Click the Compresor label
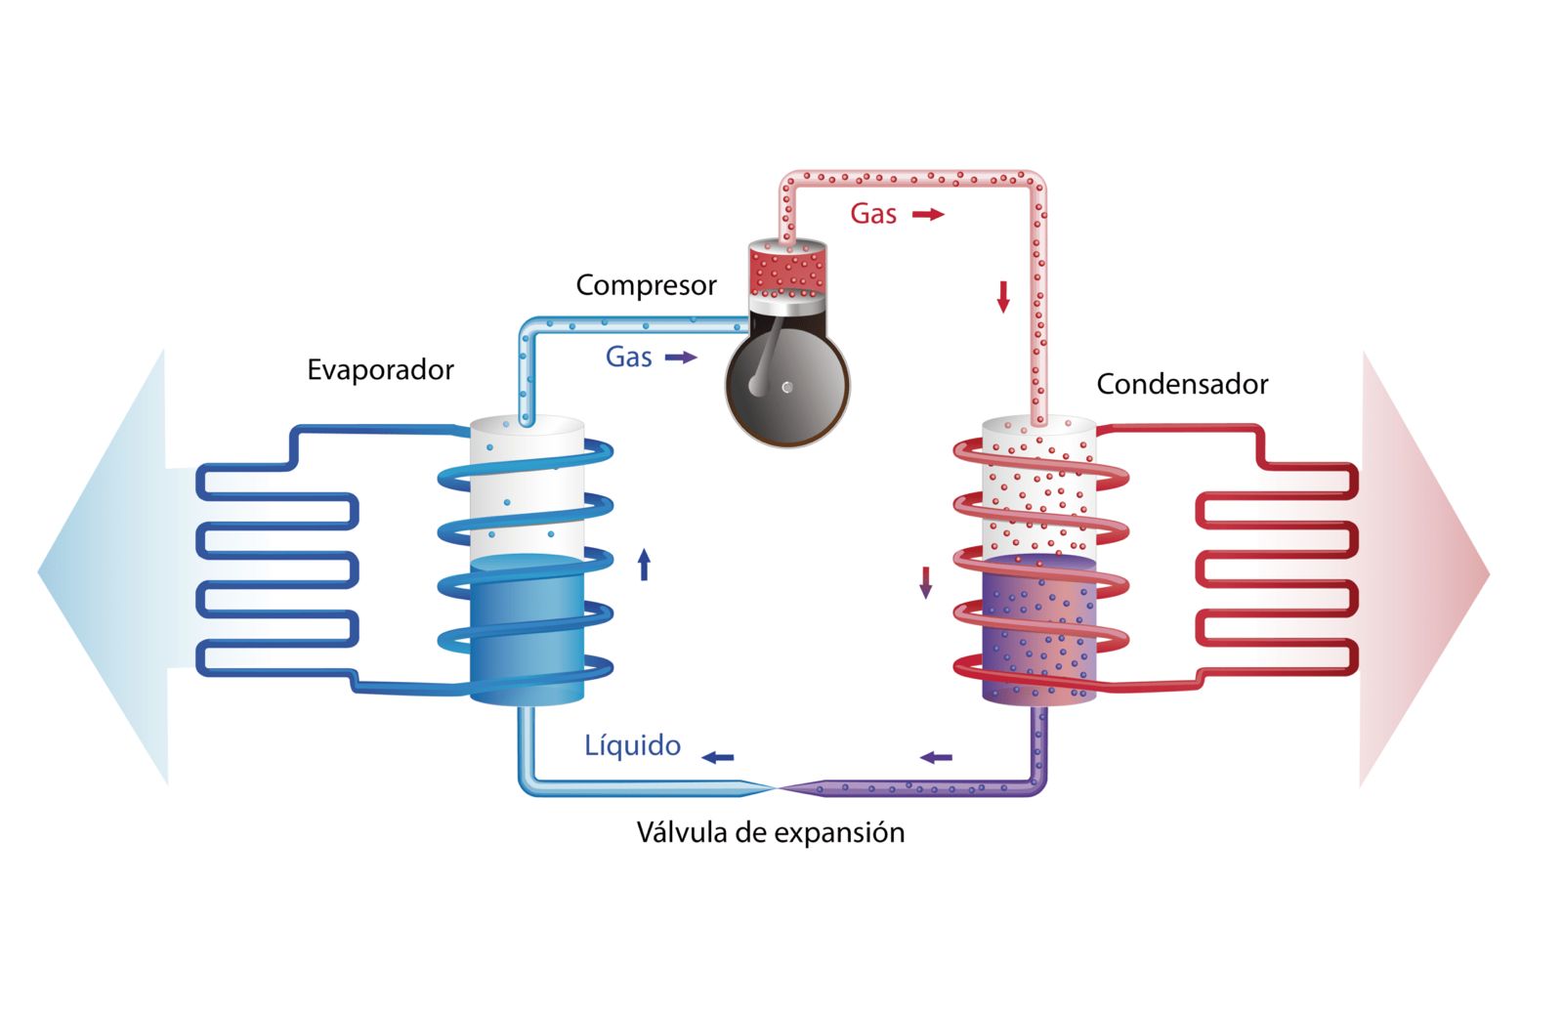[x=646, y=285]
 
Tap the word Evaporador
[x=380, y=370]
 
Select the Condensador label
[x=1182, y=384]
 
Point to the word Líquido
[x=632, y=745]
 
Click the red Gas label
[x=873, y=214]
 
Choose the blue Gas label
[x=628, y=358]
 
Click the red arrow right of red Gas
[x=928, y=214]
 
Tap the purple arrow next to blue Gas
[x=681, y=358]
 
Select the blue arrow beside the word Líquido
[x=718, y=757]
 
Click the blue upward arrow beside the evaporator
[x=644, y=565]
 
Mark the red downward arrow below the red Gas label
[x=1002, y=296]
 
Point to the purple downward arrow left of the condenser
[x=925, y=582]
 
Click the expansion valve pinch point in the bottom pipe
[x=776, y=786]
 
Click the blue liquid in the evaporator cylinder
[x=527, y=630]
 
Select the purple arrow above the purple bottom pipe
[x=936, y=757]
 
